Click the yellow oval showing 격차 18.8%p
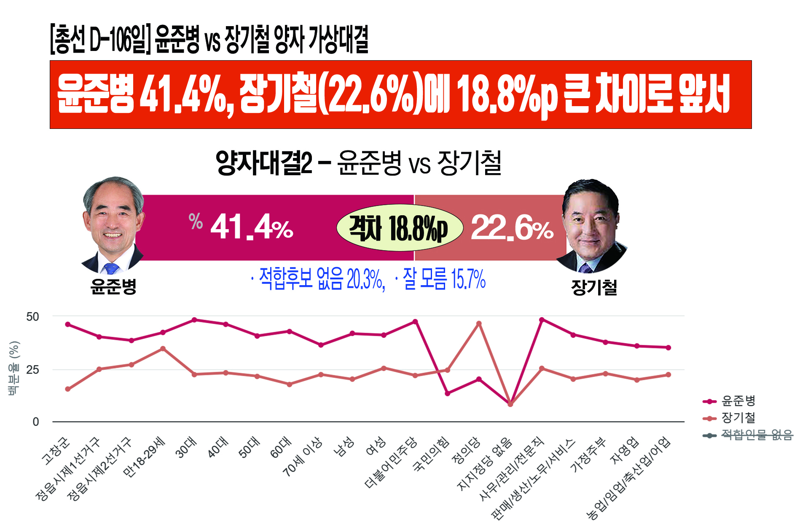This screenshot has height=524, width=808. pos(399,228)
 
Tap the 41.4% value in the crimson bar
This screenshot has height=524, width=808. pos(252,227)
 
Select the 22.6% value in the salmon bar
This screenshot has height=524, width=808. pos(512,228)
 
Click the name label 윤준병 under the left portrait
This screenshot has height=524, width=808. pos(113,287)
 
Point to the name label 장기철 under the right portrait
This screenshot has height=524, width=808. pos(594,288)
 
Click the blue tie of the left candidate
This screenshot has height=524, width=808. pos(111,268)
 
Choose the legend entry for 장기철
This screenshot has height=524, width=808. pos(738,418)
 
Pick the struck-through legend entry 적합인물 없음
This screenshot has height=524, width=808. pos(757,435)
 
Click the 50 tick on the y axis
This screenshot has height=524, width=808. pos(32,317)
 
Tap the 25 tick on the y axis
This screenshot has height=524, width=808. pos(32,370)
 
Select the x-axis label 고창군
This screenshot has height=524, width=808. pos(56,451)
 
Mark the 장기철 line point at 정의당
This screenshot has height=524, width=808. pos(479,323)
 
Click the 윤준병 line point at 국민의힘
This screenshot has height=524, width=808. pos(448,393)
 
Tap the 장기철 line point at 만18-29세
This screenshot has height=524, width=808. pos(163,349)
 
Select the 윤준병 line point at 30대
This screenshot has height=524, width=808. pos(194,320)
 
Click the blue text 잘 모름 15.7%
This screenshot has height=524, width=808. pos(444,279)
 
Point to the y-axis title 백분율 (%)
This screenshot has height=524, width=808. pos(14,368)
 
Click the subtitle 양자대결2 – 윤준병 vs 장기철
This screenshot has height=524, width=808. pos(358,163)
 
